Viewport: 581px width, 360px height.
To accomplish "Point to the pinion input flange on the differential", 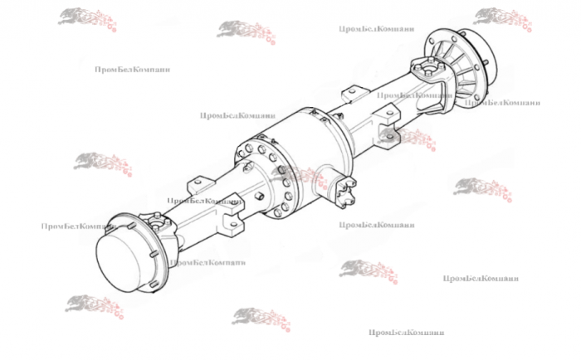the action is (344, 190).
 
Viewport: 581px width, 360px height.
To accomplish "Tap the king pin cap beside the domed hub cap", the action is (159, 222).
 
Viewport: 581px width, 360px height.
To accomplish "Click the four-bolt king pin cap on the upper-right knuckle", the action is (429, 69).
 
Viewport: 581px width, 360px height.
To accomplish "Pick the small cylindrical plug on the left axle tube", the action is (259, 196).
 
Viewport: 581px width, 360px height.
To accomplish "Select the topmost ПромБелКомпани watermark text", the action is (377, 29).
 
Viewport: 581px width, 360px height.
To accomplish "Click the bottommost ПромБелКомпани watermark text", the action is (406, 333).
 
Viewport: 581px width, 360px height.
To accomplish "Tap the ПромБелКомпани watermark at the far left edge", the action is (79, 226).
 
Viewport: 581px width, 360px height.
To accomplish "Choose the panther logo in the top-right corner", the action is (502, 19).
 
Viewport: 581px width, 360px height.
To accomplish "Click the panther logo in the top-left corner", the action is (87, 19).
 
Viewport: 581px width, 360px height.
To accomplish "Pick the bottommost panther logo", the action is (261, 319).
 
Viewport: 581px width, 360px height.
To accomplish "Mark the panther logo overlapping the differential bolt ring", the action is (300, 177).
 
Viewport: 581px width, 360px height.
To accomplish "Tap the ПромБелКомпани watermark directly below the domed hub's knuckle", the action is (207, 263).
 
